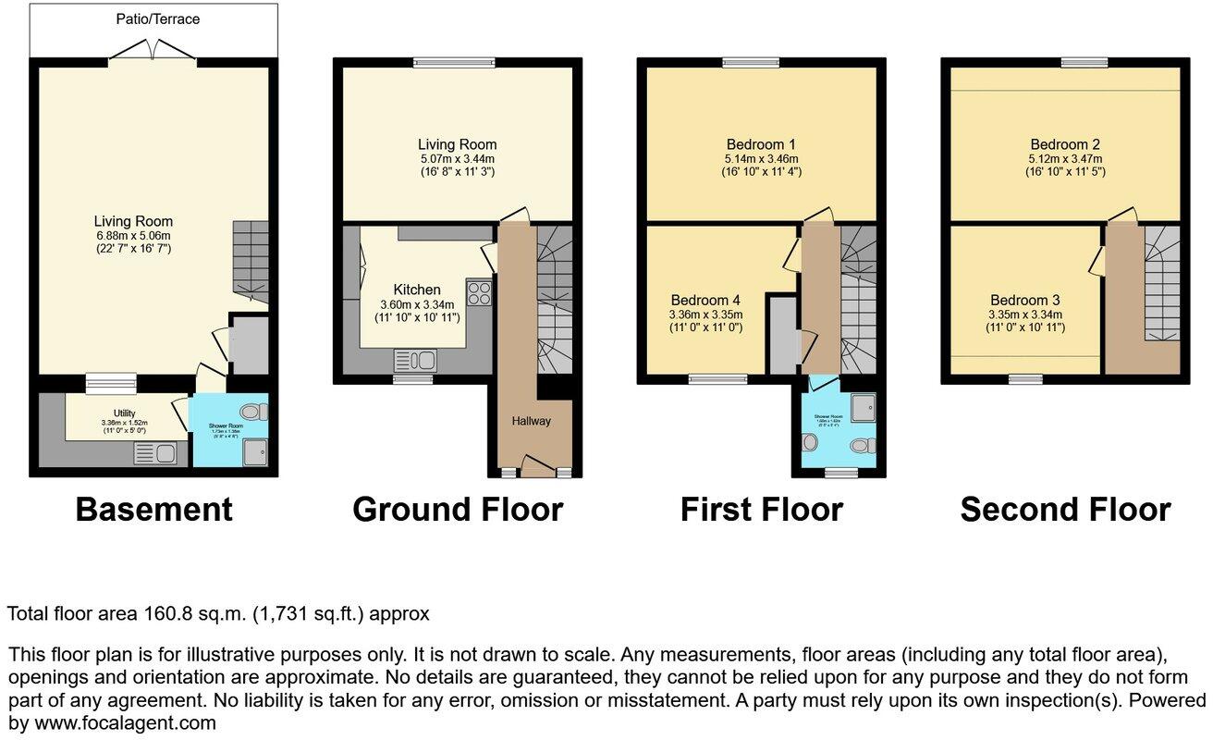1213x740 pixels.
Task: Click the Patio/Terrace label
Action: pyautogui.click(x=157, y=18)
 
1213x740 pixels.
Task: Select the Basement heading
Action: pyautogui.click(x=153, y=510)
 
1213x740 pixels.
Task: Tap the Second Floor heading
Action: pyautogui.click(x=1065, y=510)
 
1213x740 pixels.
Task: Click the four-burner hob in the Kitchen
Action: pyautogui.click(x=480, y=294)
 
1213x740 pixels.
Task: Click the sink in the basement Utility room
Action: pyautogui.click(x=153, y=453)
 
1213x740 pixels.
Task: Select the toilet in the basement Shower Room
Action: pyautogui.click(x=250, y=412)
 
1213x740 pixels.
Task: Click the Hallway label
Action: pyautogui.click(x=532, y=421)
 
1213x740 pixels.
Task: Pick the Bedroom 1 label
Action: pyautogui.click(x=761, y=144)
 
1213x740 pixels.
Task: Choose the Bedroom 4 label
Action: pyautogui.click(x=705, y=300)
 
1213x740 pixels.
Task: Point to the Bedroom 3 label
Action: pyautogui.click(x=1024, y=300)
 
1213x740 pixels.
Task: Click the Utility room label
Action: pyautogui.click(x=125, y=413)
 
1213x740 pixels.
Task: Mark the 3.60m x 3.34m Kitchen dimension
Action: pyautogui.click(x=416, y=304)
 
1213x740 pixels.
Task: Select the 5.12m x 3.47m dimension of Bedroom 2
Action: pyautogui.click(x=1065, y=158)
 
